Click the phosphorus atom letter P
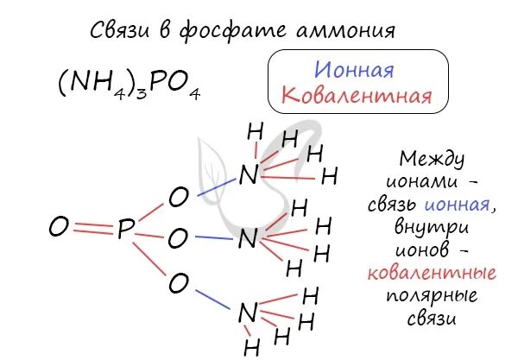click(126, 230)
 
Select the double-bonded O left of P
click(58, 229)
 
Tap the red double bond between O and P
click(92, 229)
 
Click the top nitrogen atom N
click(249, 175)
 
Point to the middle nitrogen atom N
click(247, 239)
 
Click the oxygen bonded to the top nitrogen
click(178, 198)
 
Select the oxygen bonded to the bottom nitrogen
click(179, 282)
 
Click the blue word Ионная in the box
click(354, 69)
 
